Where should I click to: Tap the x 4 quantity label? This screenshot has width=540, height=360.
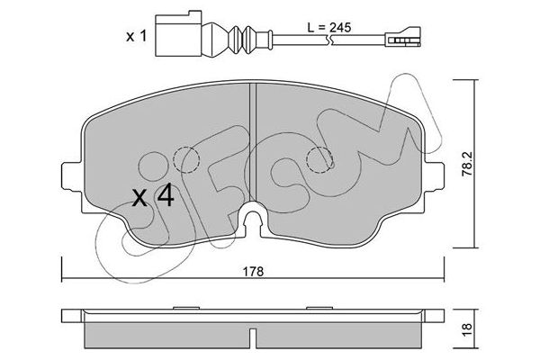[x=153, y=197]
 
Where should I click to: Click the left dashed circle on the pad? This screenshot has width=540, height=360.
[x=186, y=160]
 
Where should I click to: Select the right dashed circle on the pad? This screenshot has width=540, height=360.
[x=319, y=160]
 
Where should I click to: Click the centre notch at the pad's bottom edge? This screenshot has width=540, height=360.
[x=252, y=219]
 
